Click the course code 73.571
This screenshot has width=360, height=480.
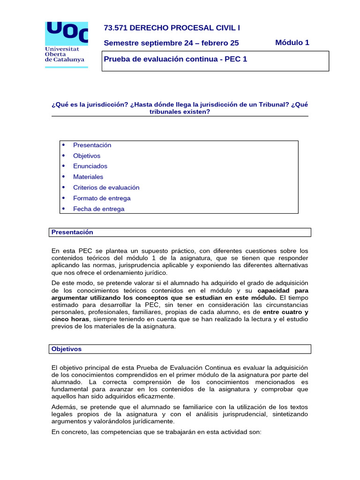click(x=115, y=28)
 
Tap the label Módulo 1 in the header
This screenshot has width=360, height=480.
click(x=292, y=43)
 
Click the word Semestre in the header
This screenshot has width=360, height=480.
click(x=119, y=43)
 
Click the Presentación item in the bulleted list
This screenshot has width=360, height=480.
click(x=92, y=145)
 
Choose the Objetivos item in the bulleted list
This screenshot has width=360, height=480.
click(x=87, y=156)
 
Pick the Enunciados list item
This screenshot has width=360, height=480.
click(x=90, y=166)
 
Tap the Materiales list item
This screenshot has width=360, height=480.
click(x=88, y=177)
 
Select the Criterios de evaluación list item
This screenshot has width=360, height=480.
click(x=106, y=187)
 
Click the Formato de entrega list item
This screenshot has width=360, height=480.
click(x=102, y=198)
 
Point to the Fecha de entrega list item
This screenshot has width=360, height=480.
click(x=98, y=209)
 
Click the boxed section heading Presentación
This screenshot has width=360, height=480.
click(x=72, y=232)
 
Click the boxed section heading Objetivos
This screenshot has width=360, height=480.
click(x=67, y=349)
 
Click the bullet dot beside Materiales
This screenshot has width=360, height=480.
click(x=63, y=177)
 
